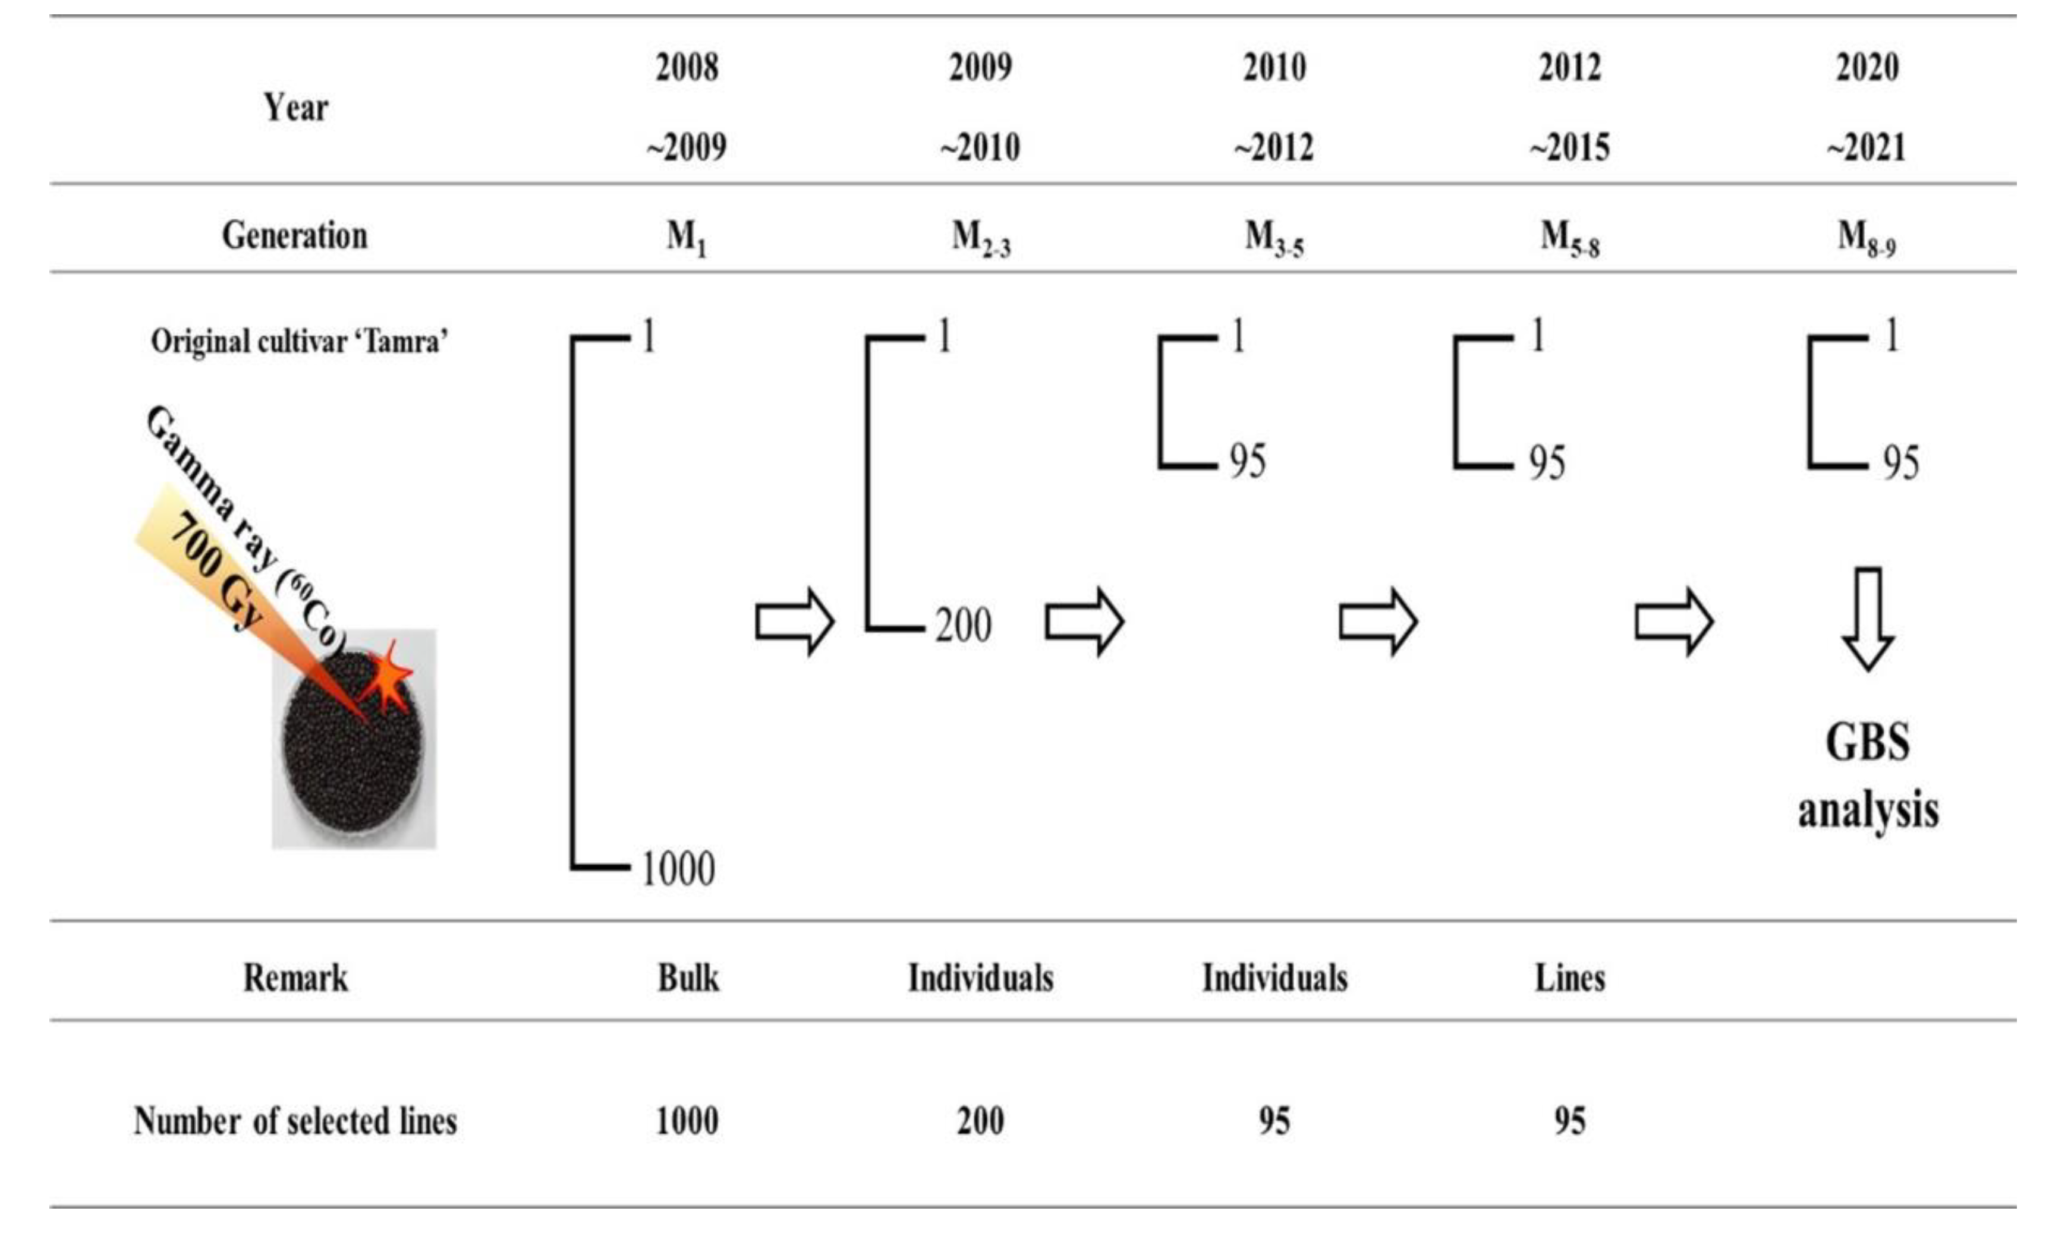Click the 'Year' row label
coord(296,107)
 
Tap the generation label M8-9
coord(1865,238)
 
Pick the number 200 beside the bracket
coord(963,626)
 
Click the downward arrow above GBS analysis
coord(1868,619)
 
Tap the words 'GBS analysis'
coord(1868,775)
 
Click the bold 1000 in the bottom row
coord(687,1121)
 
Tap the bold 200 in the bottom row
coord(980,1121)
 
